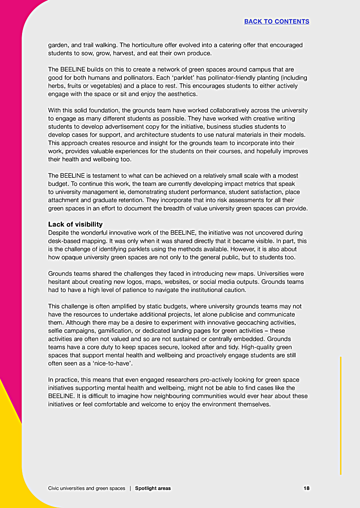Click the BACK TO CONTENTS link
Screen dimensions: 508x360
(x=277, y=21)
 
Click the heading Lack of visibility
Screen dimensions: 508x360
(x=75, y=224)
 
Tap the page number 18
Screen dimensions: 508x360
(x=306, y=488)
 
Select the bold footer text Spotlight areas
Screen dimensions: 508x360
(x=153, y=488)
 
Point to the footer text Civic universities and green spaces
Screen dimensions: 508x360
(x=86, y=488)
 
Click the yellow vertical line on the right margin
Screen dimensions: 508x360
(x=341, y=414)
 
